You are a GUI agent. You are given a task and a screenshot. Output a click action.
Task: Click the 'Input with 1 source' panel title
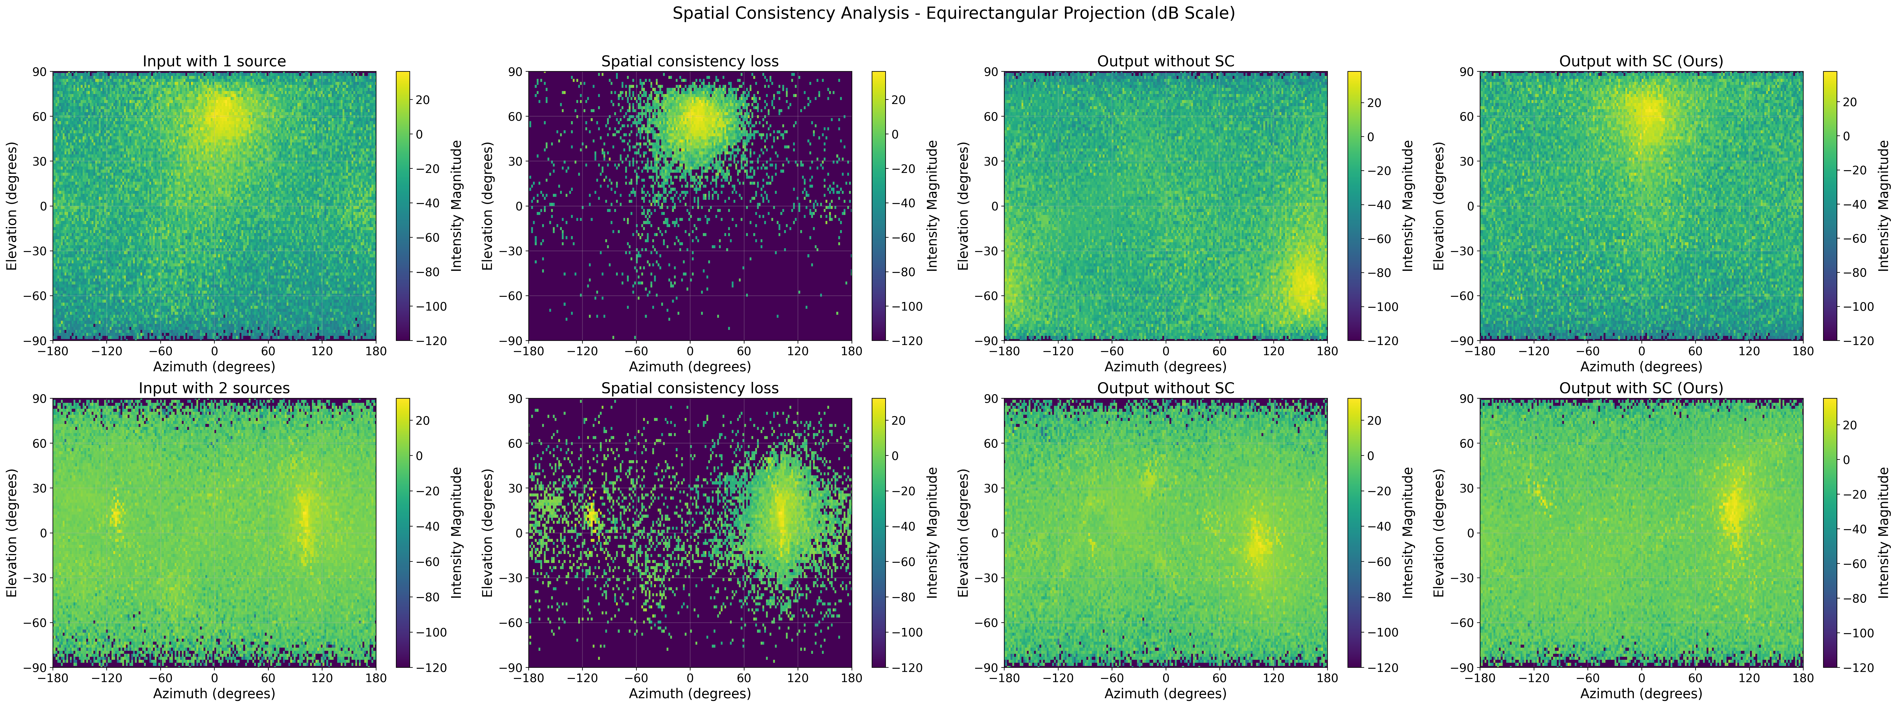[x=214, y=61]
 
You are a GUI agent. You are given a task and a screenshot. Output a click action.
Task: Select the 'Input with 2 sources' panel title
[x=214, y=388]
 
